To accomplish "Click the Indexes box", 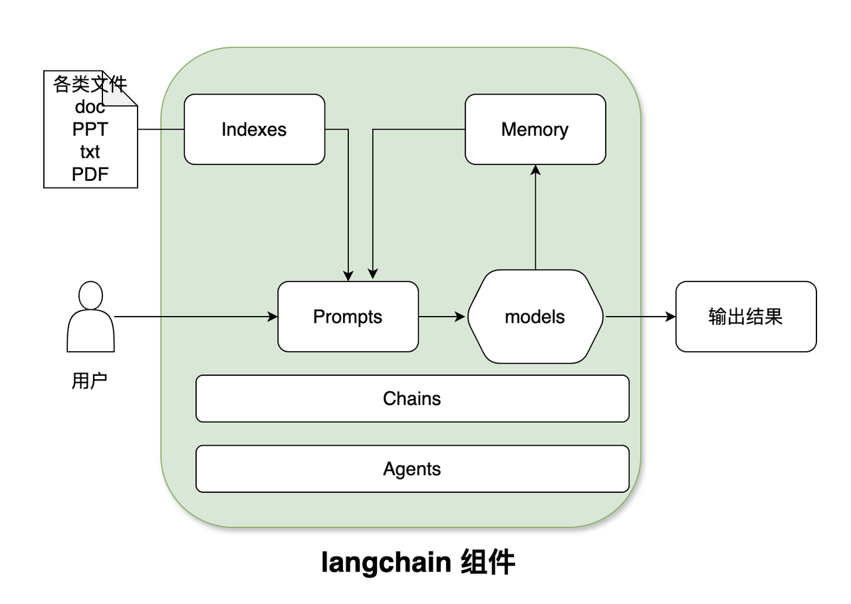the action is pos(254,129).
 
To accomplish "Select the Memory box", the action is pos(535,129).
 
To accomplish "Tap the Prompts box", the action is pos(348,316).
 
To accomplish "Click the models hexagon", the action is pos(535,316).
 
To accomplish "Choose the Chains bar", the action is pos(412,398).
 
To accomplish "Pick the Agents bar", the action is pos(412,469).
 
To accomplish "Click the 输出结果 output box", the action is pos(746,316).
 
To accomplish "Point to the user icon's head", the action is pos(90,295).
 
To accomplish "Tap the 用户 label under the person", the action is pos(90,380).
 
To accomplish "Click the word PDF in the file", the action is pos(90,174).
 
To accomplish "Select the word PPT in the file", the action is pos(90,129).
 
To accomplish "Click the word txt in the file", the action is pos(90,152).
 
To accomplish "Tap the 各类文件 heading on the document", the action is pos(90,84).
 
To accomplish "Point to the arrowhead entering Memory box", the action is pos(535,170).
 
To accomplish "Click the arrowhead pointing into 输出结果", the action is pos(671,316).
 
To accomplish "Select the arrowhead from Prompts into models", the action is pos(460,316).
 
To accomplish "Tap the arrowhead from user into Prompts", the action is pos(273,316).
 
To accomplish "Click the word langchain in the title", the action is pos(386,562).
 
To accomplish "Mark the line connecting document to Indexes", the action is pos(161,129).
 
